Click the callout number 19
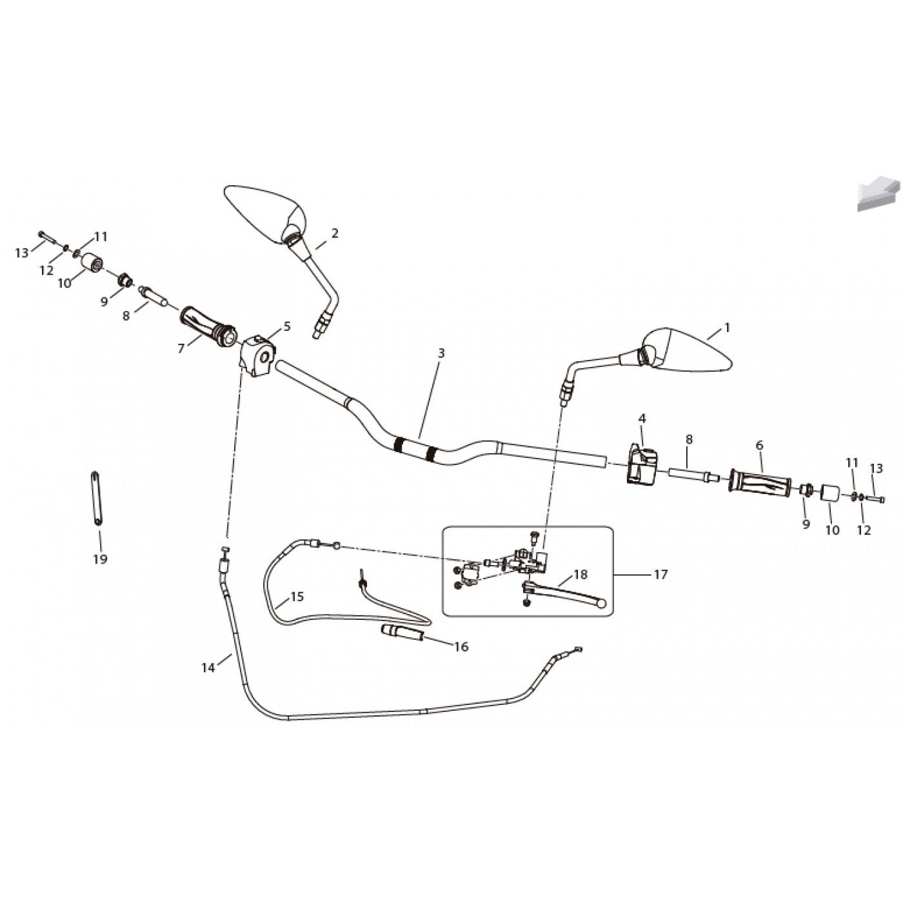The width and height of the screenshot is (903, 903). (x=100, y=559)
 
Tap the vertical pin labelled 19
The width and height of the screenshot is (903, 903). (x=97, y=498)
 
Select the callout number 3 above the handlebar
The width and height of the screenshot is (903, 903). (x=440, y=353)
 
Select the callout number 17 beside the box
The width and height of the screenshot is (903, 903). (x=660, y=574)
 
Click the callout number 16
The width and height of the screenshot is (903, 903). (x=461, y=647)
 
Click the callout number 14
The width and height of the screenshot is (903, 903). (x=208, y=668)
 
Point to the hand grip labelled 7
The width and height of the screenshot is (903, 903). (x=207, y=326)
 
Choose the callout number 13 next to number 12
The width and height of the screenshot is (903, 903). (x=22, y=253)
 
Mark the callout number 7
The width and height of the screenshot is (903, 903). (x=181, y=349)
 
